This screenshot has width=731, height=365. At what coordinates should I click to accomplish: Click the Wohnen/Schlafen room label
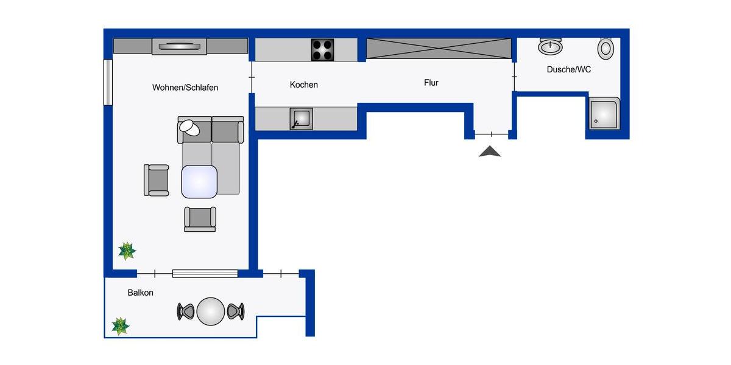pos(185,88)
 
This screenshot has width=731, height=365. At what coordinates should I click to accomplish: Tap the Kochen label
pos(303,85)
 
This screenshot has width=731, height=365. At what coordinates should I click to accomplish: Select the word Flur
pos(431,83)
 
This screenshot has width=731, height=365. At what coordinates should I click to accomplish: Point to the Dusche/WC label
pos(568,70)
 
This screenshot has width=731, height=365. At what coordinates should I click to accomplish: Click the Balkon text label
pos(140,293)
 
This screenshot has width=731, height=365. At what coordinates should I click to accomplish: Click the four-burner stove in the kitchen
pos(322,50)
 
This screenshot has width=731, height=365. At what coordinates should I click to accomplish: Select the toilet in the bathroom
pos(606,49)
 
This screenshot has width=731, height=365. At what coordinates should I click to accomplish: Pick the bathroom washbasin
pos(551,46)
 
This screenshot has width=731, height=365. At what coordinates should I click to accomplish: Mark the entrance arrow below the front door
pos(490,152)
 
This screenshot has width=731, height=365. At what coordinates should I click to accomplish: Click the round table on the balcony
pos(211,311)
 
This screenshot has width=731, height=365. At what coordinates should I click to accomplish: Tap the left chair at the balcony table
pos(185,311)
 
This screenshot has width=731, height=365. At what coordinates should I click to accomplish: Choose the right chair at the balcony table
pos(236,311)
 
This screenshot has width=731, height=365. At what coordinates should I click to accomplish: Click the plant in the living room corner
pos(127,251)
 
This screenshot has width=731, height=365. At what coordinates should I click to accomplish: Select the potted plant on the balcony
pos(120,326)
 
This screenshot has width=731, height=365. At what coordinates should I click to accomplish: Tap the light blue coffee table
pos(199,181)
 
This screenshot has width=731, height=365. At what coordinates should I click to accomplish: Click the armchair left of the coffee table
pos(157,180)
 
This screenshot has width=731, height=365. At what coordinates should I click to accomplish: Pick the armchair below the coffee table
pos(200,219)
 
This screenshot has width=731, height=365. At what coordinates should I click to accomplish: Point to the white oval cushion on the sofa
pos(190,127)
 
